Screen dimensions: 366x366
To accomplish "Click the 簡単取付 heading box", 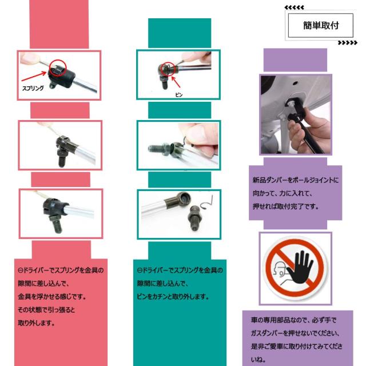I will (320, 26).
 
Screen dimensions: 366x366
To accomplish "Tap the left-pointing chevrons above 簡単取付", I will (294, 8).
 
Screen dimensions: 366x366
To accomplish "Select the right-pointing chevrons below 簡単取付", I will (347, 43).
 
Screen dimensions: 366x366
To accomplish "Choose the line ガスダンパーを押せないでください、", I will (296, 333).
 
